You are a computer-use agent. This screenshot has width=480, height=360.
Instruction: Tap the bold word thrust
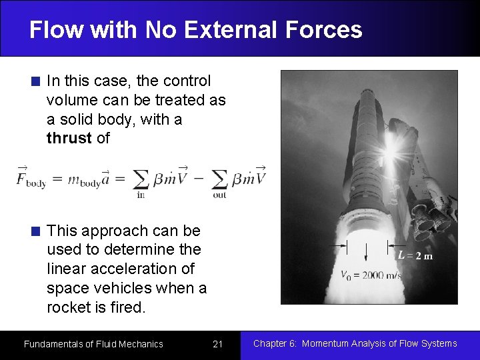pos(69,139)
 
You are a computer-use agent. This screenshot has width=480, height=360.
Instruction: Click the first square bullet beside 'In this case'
pos(36,82)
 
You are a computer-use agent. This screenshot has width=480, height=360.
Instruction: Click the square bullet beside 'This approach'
pos(36,232)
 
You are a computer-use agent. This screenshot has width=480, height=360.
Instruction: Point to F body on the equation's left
pos(31,179)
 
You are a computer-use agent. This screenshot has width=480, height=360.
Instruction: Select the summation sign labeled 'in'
pos(141,180)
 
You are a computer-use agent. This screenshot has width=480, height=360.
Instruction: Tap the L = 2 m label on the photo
pos(415,255)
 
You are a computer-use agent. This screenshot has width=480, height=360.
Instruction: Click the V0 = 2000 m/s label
pos(371,275)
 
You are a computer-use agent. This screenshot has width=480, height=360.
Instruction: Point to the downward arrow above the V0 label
pos(367,255)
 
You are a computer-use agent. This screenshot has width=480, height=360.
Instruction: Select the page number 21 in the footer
pos(217,344)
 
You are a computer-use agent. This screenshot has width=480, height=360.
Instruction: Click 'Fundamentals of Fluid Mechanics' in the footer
pos(93,344)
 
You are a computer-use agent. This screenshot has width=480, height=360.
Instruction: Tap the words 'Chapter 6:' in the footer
pos(275,343)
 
